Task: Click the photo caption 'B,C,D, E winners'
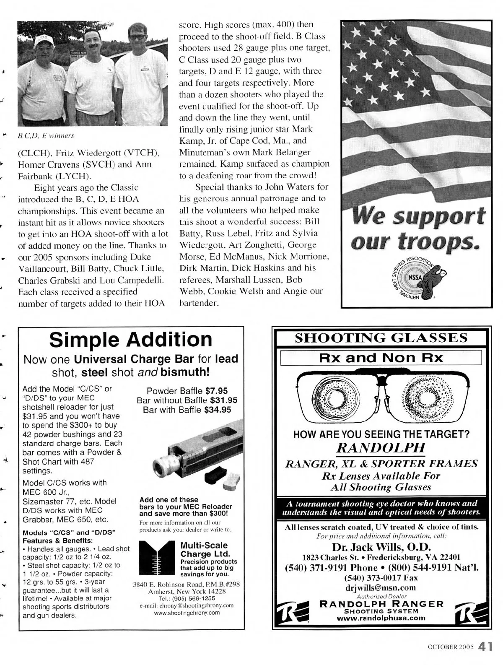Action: tap(46, 136)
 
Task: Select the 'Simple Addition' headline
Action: tap(131, 340)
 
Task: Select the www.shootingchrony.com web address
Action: tap(187, 613)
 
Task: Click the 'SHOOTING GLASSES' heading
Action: tap(381, 338)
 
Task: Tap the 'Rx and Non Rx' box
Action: tap(381, 358)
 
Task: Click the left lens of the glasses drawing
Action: tap(336, 397)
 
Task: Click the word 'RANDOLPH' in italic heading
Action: tap(381, 448)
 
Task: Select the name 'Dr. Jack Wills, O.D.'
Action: tap(381, 547)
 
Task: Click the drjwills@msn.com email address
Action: tap(381, 587)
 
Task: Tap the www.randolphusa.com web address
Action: tap(381, 618)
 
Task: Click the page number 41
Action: tap(485, 646)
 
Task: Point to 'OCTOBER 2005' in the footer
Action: tap(450, 647)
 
